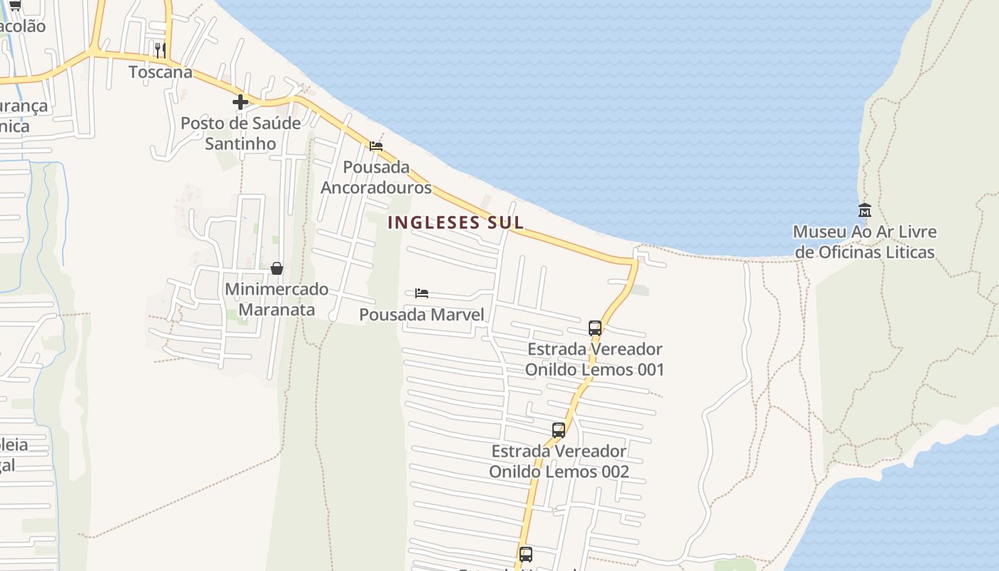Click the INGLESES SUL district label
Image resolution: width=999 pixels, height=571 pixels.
coord(455,222)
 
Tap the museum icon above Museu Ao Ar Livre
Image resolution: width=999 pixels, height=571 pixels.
coord(865,210)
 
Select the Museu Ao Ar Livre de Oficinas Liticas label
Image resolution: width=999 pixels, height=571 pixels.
coord(865,242)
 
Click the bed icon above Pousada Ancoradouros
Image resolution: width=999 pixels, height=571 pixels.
coord(376,146)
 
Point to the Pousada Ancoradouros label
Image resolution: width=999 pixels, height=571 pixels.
coord(376,177)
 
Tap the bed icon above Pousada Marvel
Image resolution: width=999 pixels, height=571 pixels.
coord(422,293)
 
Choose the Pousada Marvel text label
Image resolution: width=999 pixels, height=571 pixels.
coord(422,315)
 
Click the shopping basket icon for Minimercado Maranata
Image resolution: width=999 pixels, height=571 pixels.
coord(277,268)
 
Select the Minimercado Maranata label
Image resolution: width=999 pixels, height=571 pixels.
coord(277,299)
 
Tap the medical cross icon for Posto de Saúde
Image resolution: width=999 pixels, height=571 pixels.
coord(240,102)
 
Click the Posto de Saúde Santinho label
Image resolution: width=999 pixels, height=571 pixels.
coord(240,133)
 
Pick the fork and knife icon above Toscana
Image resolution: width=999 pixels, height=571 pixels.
coord(161,50)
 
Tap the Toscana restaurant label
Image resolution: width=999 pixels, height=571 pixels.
coord(161,72)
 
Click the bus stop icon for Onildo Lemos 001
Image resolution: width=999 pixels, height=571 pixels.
coord(595,328)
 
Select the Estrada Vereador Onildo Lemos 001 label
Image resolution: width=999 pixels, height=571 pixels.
coord(595,359)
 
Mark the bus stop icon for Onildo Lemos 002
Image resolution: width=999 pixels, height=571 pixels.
coord(559,430)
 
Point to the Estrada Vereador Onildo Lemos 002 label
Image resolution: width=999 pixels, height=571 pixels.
coord(559,461)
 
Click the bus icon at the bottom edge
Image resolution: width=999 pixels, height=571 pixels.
coord(526,554)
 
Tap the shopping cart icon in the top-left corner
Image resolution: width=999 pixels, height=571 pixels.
coord(14,5)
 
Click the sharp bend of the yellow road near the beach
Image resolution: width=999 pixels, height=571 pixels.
coord(634,263)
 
